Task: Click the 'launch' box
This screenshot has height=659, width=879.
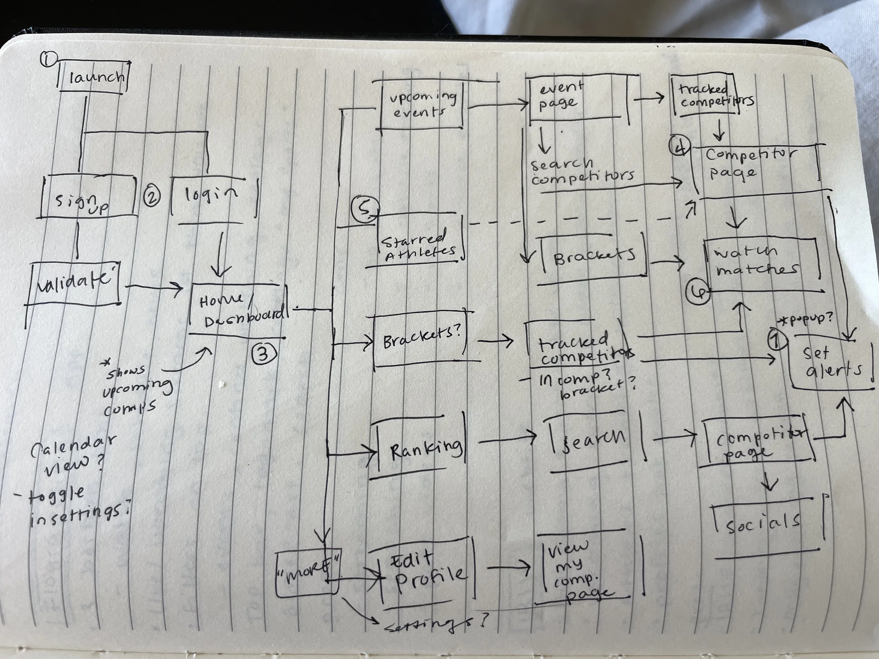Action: [94, 77]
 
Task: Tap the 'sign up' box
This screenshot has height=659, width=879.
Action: [88, 198]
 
